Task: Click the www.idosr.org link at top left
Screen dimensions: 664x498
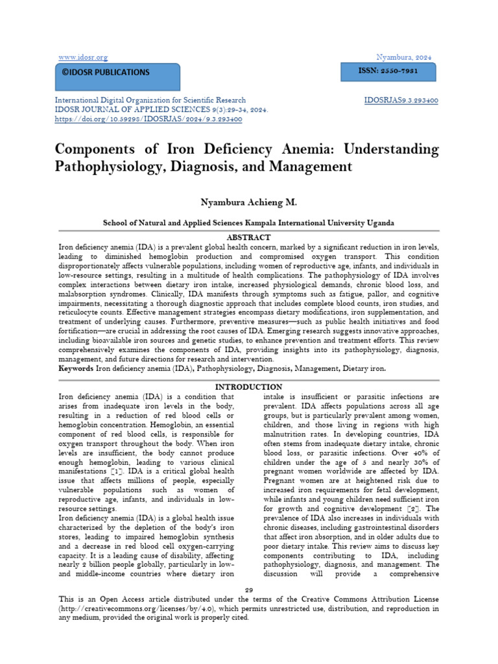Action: point(83,57)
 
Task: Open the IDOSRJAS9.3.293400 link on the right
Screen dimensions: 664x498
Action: point(402,101)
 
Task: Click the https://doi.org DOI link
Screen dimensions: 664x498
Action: point(149,119)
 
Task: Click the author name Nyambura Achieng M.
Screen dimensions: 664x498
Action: point(248,203)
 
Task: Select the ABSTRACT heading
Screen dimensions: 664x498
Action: point(249,237)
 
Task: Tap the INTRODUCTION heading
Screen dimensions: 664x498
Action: point(249,387)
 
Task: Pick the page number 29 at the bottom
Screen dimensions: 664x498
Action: point(248,588)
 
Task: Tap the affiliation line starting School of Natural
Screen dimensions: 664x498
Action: point(248,222)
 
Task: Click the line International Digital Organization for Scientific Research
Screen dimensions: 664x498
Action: point(151,101)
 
